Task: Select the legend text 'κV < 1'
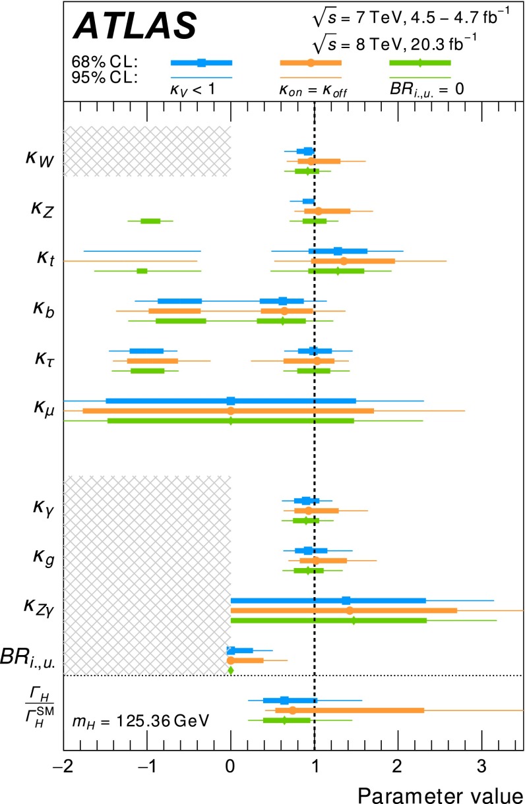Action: pyautogui.click(x=198, y=88)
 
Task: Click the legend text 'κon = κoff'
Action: pyautogui.click(x=311, y=88)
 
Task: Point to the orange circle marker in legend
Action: pyautogui.click(x=311, y=63)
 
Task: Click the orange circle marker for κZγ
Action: pyautogui.click(x=350, y=610)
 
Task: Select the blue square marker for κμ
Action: pyautogui.click(x=231, y=400)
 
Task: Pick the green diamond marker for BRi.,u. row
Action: pyautogui.click(x=231, y=670)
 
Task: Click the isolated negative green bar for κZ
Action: pyautogui.click(x=150, y=221)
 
